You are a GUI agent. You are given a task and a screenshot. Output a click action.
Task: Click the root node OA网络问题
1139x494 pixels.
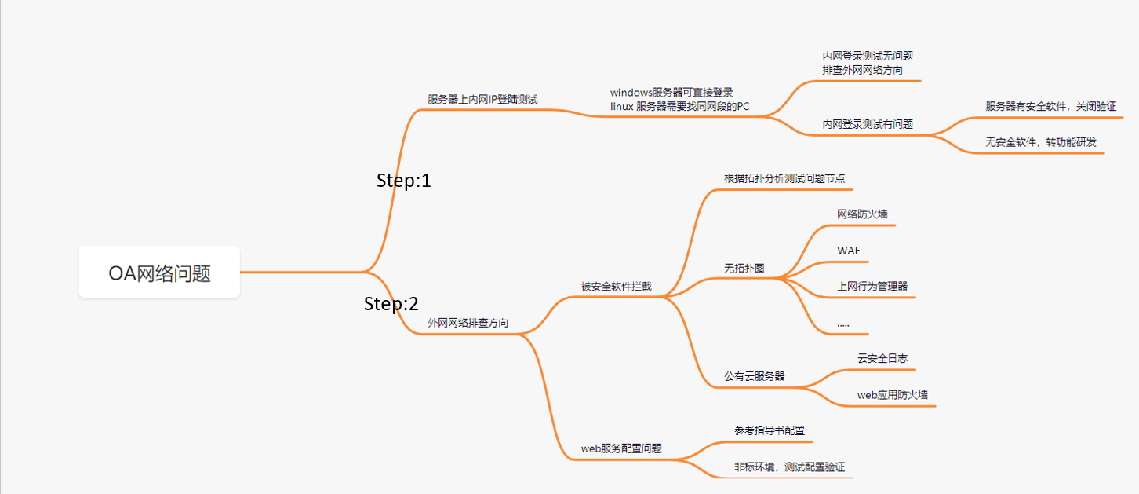pyautogui.click(x=159, y=273)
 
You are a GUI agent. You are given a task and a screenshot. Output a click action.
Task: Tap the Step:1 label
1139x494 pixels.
pyautogui.click(x=404, y=181)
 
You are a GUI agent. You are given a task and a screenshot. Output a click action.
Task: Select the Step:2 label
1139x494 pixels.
pyautogui.click(x=391, y=304)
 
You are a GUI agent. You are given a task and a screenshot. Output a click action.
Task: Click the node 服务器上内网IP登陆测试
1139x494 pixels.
pyautogui.click(x=482, y=99)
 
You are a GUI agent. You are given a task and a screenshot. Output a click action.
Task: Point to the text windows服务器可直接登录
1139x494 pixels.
pyautogui.click(x=671, y=93)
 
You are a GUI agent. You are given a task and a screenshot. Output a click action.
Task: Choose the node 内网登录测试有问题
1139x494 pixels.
pyautogui.click(x=868, y=124)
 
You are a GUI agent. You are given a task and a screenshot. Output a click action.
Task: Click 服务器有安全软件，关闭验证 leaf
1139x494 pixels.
pyautogui.click(x=1050, y=106)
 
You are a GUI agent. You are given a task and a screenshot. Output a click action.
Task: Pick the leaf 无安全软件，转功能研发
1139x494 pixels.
pyautogui.click(x=1040, y=142)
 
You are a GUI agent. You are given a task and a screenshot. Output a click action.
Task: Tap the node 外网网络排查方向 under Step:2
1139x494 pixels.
pyautogui.click(x=468, y=323)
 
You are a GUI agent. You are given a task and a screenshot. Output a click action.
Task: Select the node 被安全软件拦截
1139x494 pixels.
pyautogui.click(x=616, y=286)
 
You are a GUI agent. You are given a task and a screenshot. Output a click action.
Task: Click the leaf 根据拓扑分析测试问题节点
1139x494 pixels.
pyautogui.click(x=784, y=178)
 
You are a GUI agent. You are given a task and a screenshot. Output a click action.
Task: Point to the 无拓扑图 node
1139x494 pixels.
pyautogui.click(x=744, y=269)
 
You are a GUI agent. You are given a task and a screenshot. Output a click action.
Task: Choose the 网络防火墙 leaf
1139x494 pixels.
pyautogui.click(x=862, y=214)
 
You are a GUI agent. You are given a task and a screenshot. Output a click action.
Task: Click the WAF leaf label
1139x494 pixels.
pyautogui.click(x=849, y=251)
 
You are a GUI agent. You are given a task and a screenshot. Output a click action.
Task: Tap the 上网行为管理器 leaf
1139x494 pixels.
pyautogui.click(x=872, y=286)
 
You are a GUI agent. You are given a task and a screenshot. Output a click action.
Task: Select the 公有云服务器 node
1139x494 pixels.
pyautogui.click(x=754, y=376)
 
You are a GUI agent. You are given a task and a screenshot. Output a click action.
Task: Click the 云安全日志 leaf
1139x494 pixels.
pyautogui.click(x=882, y=358)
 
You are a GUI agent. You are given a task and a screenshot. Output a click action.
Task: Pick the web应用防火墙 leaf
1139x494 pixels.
pyautogui.click(x=893, y=394)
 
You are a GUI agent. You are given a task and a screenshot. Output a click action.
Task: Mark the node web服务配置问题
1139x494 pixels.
pyautogui.click(x=621, y=448)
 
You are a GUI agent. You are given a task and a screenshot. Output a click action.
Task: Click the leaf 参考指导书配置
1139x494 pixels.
pyautogui.click(x=770, y=430)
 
